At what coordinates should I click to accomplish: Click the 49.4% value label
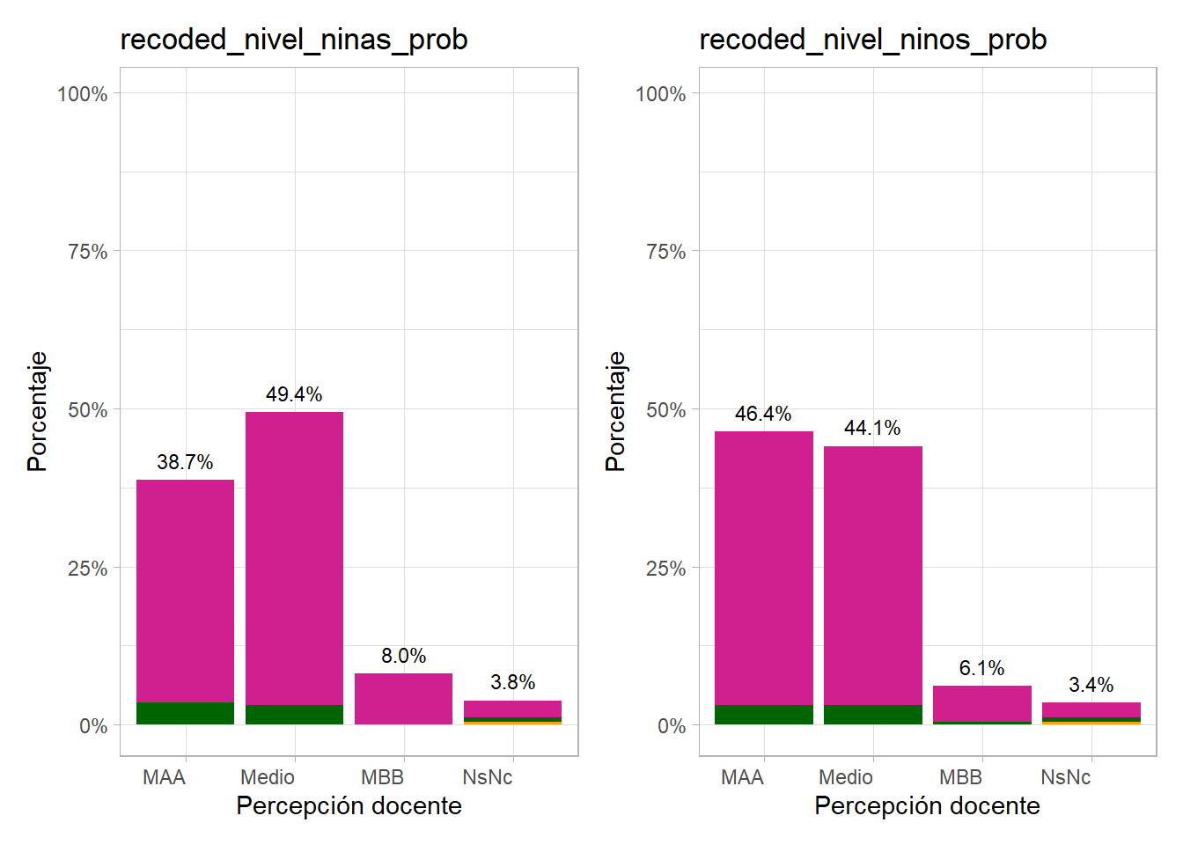coord(294,394)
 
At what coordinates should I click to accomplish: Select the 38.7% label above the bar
coord(185,462)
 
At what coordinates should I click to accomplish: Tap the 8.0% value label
coord(403,656)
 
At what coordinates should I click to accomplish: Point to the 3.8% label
coord(512,682)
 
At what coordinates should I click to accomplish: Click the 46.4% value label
coord(763,414)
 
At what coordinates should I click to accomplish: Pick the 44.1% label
coord(872,429)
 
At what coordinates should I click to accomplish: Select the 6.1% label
coord(981,668)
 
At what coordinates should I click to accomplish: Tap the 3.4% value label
coord(1091,685)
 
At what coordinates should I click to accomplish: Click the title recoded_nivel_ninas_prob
coord(294,40)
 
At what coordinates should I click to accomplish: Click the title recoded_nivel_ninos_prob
coord(872,40)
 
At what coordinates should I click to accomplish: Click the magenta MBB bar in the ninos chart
coord(981,703)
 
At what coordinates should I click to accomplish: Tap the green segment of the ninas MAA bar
coord(185,713)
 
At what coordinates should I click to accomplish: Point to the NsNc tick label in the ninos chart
coord(1065,777)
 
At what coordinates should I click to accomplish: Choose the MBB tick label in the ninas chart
coord(382,777)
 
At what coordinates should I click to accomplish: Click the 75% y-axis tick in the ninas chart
coord(87,252)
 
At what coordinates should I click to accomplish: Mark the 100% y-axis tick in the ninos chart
coord(660,94)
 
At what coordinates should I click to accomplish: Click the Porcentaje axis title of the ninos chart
coord(615,411)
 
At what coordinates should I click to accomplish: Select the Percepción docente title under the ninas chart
coord(349,805)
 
